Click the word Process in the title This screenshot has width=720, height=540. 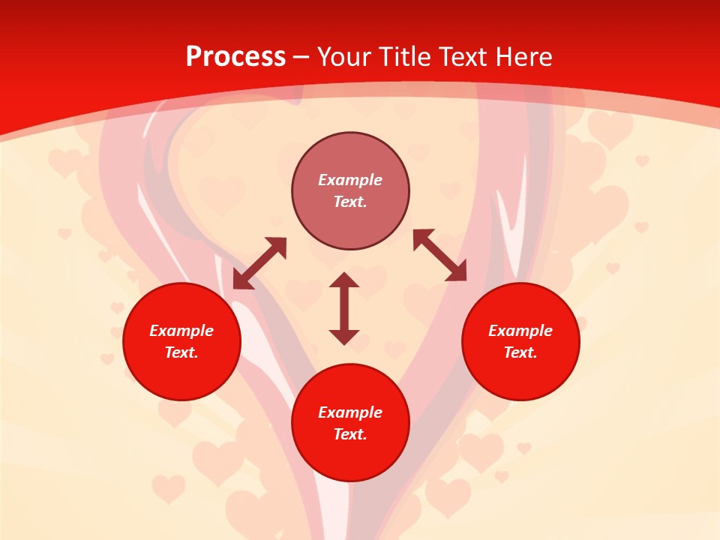[235, 57]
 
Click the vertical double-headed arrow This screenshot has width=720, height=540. [344, 308]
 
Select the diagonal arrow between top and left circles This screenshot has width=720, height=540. [259, 263]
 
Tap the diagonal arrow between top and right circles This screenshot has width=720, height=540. [439, 255]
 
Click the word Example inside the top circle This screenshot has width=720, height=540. [350, 180]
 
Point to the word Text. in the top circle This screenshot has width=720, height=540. [350, 202]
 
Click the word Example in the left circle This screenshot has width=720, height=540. [181, 331]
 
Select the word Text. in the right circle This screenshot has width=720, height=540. [520, 352]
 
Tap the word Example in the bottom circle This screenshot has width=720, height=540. [350, 412]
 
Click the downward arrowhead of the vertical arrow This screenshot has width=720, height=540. [344, 336]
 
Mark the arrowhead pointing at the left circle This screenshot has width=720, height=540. [241, 280]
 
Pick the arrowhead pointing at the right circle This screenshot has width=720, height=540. [456, 272]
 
